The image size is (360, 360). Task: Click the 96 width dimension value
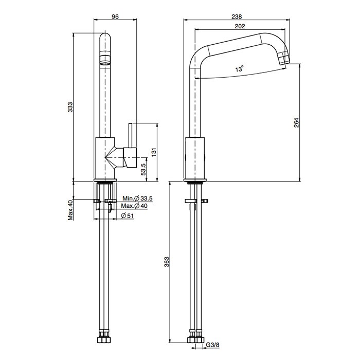[115, 17]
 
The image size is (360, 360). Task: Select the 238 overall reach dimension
[237, 17]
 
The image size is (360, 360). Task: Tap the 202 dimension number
[240, 26]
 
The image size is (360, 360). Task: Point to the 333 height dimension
[70, 107]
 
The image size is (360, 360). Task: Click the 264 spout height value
[296, 122]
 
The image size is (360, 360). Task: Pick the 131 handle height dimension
[154, 152]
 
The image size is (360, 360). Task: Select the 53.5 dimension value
[143, 169]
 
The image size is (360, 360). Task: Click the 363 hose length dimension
[167, 262]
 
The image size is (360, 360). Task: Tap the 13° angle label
[239, 68]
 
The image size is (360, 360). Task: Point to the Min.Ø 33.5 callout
[137, 198]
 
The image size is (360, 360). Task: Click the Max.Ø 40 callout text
[134, 206]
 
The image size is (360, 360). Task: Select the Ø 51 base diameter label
[127, 215]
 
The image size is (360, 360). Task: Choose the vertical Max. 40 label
[70, 210]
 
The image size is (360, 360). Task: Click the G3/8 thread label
[212, 351]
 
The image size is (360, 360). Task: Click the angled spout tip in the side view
[283, 58]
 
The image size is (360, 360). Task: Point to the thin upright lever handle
[130, 135]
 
